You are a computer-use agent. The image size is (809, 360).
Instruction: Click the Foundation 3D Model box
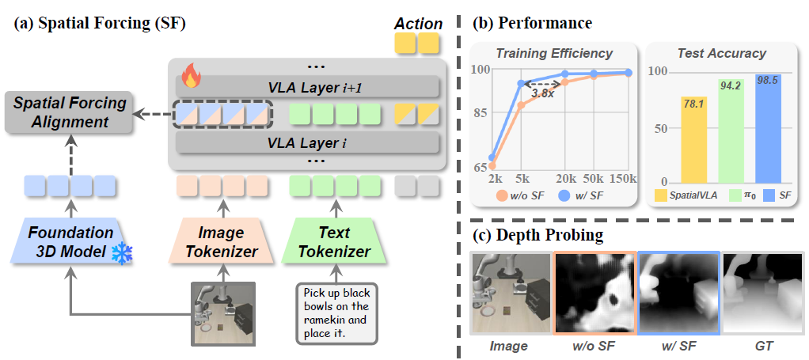(x=70, y=242)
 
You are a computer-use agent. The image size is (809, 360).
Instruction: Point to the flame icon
(x=191, y=78)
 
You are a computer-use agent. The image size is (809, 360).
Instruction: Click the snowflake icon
(x=122, y=252)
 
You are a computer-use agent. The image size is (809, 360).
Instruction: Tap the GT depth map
(x=762, y=294)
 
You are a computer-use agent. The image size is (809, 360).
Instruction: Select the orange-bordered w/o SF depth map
(x=594, y=294)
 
